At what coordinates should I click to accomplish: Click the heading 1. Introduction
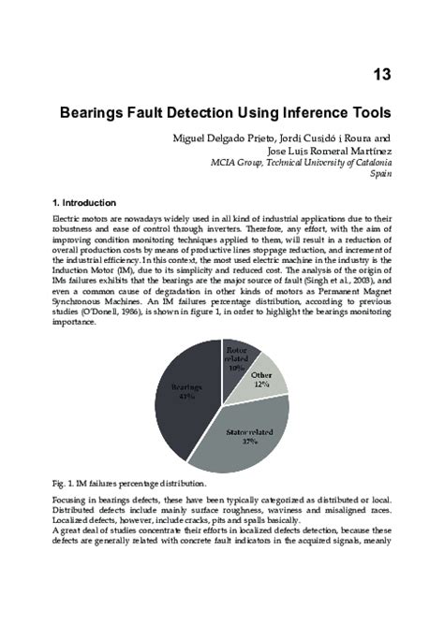pyautogui.click(x=84, y=203)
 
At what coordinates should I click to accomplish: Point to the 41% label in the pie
pyautogui.click(x=185, y=395)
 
